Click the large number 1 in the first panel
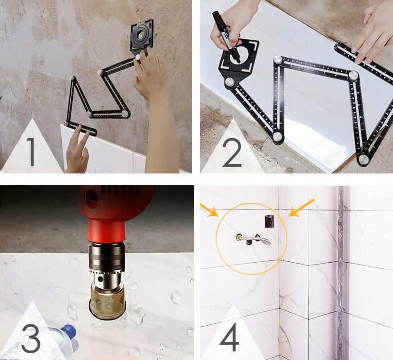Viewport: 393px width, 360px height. point(32,151)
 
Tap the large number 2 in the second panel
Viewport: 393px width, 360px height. point(232,152)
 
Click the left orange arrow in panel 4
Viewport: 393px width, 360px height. point(209,210)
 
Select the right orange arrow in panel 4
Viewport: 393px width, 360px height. point(301,208)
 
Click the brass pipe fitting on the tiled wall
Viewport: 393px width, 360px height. point(238,237)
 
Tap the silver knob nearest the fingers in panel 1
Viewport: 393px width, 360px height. point(138,57)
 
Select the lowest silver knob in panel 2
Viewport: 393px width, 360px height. point(363,159)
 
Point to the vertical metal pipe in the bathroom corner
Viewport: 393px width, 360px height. point(341,273)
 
